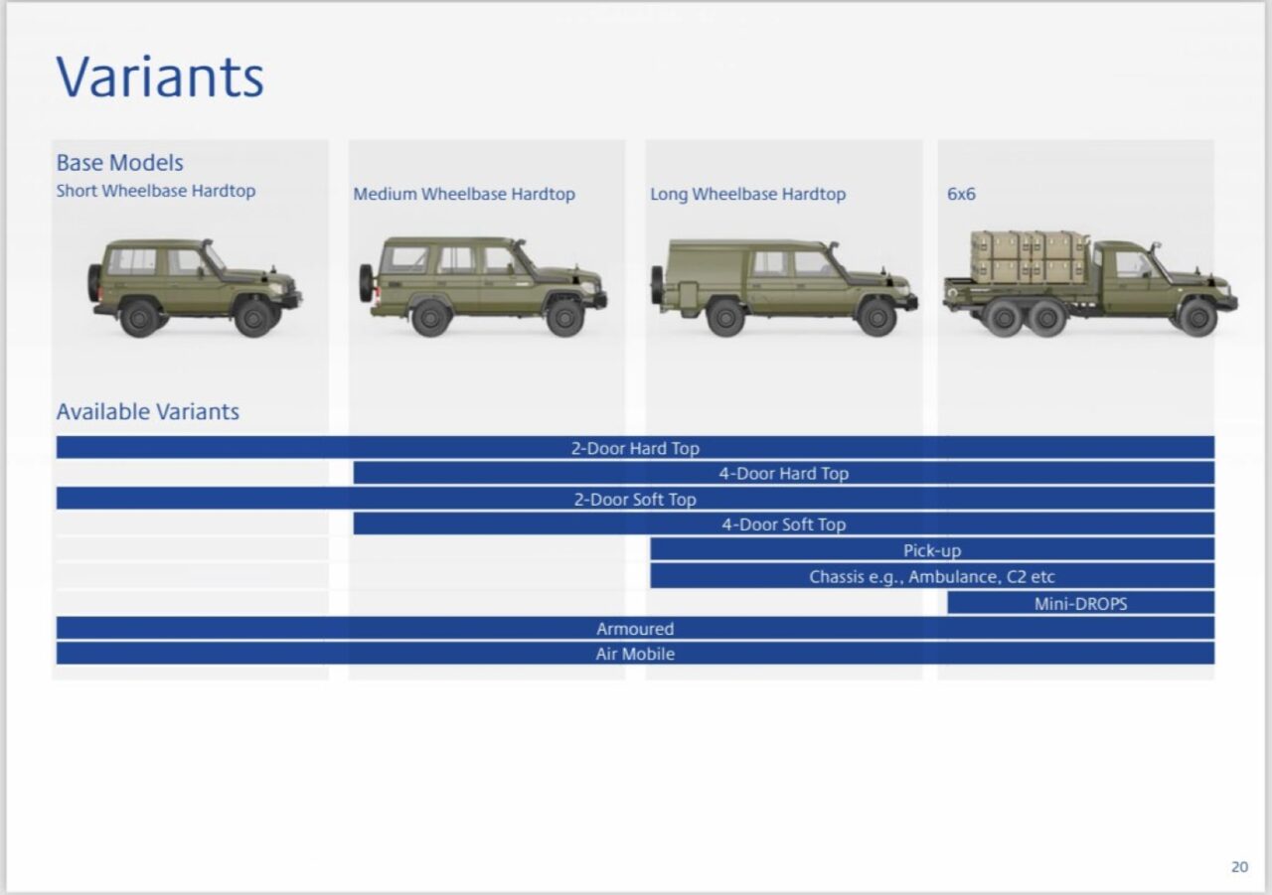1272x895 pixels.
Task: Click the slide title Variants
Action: [x=160, y=76]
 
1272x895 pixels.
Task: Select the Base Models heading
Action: [x=120, y=163]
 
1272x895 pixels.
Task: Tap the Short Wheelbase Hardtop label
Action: [x=156, y=191]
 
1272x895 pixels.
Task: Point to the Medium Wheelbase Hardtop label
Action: [x=464, y=194]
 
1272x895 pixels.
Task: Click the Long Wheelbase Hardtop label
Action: [x=748, y=194]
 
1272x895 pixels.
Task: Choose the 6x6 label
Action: [x=961, y=194]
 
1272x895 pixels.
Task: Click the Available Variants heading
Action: [x=148, y=411]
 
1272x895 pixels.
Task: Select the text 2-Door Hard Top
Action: [x=635, y=448]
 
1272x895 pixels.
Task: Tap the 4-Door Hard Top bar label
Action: [x=784, y=473]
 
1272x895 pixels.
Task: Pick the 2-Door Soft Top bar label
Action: [x=635, y=500]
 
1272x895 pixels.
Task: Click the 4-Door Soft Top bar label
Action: [x=784, y=524]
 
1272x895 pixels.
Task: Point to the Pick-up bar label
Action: [x=932, y=550]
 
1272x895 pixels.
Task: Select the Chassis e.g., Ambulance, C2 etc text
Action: [x=932, y=576]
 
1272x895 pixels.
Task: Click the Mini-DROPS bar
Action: [x=1080, y=603]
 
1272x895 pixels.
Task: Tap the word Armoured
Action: [x=635, y=629]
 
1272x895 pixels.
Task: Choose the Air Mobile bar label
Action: [x=635, y=654]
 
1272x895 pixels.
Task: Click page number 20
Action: [x=1239, y=866]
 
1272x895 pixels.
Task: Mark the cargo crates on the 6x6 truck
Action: [x=1030, y=256]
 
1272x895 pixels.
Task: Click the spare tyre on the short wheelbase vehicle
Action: [x=93, y=282]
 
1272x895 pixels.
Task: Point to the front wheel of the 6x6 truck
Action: [x=1197, y=317]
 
